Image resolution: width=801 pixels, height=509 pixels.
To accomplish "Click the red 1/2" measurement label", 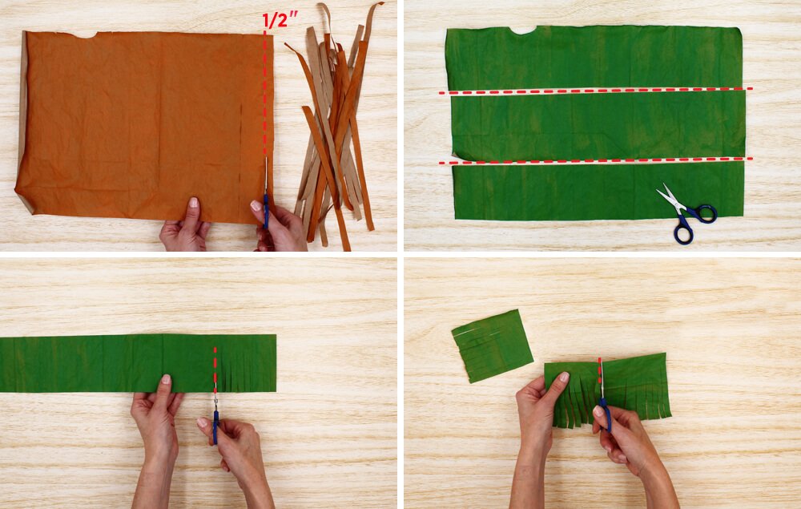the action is click(x=280, y=21).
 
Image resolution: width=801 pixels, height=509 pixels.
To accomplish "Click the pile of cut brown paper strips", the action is click(x=335, y=125).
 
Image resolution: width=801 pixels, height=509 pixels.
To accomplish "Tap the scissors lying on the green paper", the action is click(x=687, y=213).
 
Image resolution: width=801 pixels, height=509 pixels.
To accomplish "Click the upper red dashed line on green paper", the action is click(x=596, y=91).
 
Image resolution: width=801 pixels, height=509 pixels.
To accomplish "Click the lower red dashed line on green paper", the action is click(x=596, y=161).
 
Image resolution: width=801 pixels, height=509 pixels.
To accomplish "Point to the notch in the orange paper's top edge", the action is click(x=85, y=34).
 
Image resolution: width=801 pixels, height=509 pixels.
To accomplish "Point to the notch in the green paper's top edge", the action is click(x=522, y=30).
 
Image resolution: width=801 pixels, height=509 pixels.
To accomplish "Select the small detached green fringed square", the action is click(x=492, y=346).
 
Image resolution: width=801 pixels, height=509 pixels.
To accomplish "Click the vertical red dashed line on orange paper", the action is click(x=264, y=93).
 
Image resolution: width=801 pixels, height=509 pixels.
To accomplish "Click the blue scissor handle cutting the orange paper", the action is click(x=266, y=211).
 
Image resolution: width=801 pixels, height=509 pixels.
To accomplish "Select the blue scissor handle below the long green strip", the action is click(x=215, y=426).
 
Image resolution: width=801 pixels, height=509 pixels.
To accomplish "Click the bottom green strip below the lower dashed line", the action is click(x=598, y=192).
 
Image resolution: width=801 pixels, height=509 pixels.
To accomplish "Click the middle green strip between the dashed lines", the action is click(x=598, y=125).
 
